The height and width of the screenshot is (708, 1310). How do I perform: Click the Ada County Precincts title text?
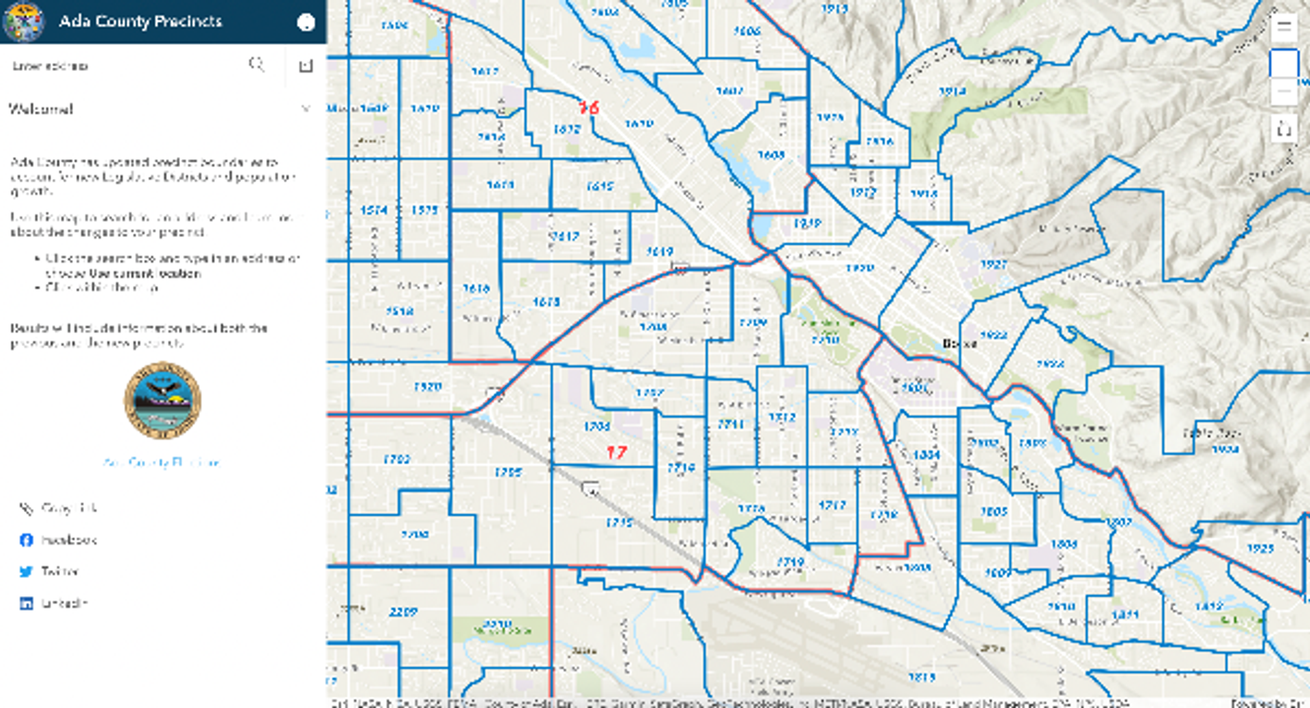(x=140, y=21)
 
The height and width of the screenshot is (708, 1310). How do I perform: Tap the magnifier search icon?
(x=257, y=64)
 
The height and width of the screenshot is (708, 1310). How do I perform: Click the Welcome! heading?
(x=41, y=109)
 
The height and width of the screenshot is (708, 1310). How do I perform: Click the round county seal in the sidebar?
(x=162, y=401)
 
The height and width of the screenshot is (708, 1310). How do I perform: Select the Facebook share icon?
(x=26, y=540)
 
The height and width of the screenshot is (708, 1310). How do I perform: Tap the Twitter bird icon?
(x=26, y=571)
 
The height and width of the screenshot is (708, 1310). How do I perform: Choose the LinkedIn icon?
(x=26, y=604)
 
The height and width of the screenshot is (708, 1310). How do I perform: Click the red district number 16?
(x=588, y=107)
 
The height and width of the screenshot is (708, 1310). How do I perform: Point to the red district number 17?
(x=616, y=452)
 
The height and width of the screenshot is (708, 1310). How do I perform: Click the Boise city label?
(x=959, y=343)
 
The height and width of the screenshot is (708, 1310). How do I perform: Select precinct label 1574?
(x=374, y=210)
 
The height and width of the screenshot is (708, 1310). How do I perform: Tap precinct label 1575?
(x=424, y=210)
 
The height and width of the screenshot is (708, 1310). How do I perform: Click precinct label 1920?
(x=859, y=268)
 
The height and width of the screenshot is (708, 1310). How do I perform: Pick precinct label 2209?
(x=403, y=612)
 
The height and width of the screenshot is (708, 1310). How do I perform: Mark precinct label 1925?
(x=1260, y=548)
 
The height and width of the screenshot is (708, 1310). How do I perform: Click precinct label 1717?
(x=832, y=505)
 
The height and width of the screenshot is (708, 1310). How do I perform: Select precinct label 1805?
(x=993, y=511)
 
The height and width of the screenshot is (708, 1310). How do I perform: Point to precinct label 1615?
(x=600, y=186)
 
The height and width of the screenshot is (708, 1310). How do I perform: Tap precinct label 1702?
(x=396, y=459)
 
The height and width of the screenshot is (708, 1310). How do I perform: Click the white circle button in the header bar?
(x=306, y=23)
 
